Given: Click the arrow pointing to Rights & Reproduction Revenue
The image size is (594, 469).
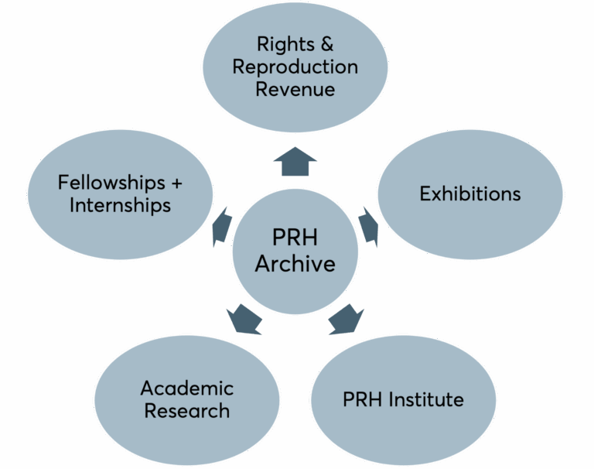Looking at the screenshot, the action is point(295,163).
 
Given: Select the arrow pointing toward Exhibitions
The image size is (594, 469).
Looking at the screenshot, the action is point(369,227).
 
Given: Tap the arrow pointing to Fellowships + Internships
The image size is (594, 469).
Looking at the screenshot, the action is point(222,227).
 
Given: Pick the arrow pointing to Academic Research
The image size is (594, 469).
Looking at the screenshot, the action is point(244,319).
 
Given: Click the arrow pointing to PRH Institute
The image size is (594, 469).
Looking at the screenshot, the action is point(346,319).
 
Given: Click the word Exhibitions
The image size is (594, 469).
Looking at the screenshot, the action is point(470,193).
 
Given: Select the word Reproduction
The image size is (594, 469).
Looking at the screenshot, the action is point(295,67).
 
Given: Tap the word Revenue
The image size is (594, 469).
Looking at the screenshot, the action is point(295,90).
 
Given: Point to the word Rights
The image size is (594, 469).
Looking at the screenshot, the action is point(285,45).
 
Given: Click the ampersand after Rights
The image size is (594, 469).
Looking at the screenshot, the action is point(327,44).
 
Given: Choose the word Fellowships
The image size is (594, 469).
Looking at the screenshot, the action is point(111,183).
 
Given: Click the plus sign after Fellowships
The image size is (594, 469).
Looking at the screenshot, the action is point(177,183).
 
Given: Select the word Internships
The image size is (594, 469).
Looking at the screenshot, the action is point(120,205).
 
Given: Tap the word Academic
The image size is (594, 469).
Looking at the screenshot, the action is point(187,389).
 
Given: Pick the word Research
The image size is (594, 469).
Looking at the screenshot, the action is point(187,411).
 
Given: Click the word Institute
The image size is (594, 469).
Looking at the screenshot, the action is point(426,399).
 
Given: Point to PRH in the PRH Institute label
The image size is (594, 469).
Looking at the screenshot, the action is point(363,399).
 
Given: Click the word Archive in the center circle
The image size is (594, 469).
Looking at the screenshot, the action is point(295,263).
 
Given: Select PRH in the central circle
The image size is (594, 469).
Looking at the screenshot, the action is point(295,238).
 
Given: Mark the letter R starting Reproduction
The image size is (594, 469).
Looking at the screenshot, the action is point(239,67).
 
